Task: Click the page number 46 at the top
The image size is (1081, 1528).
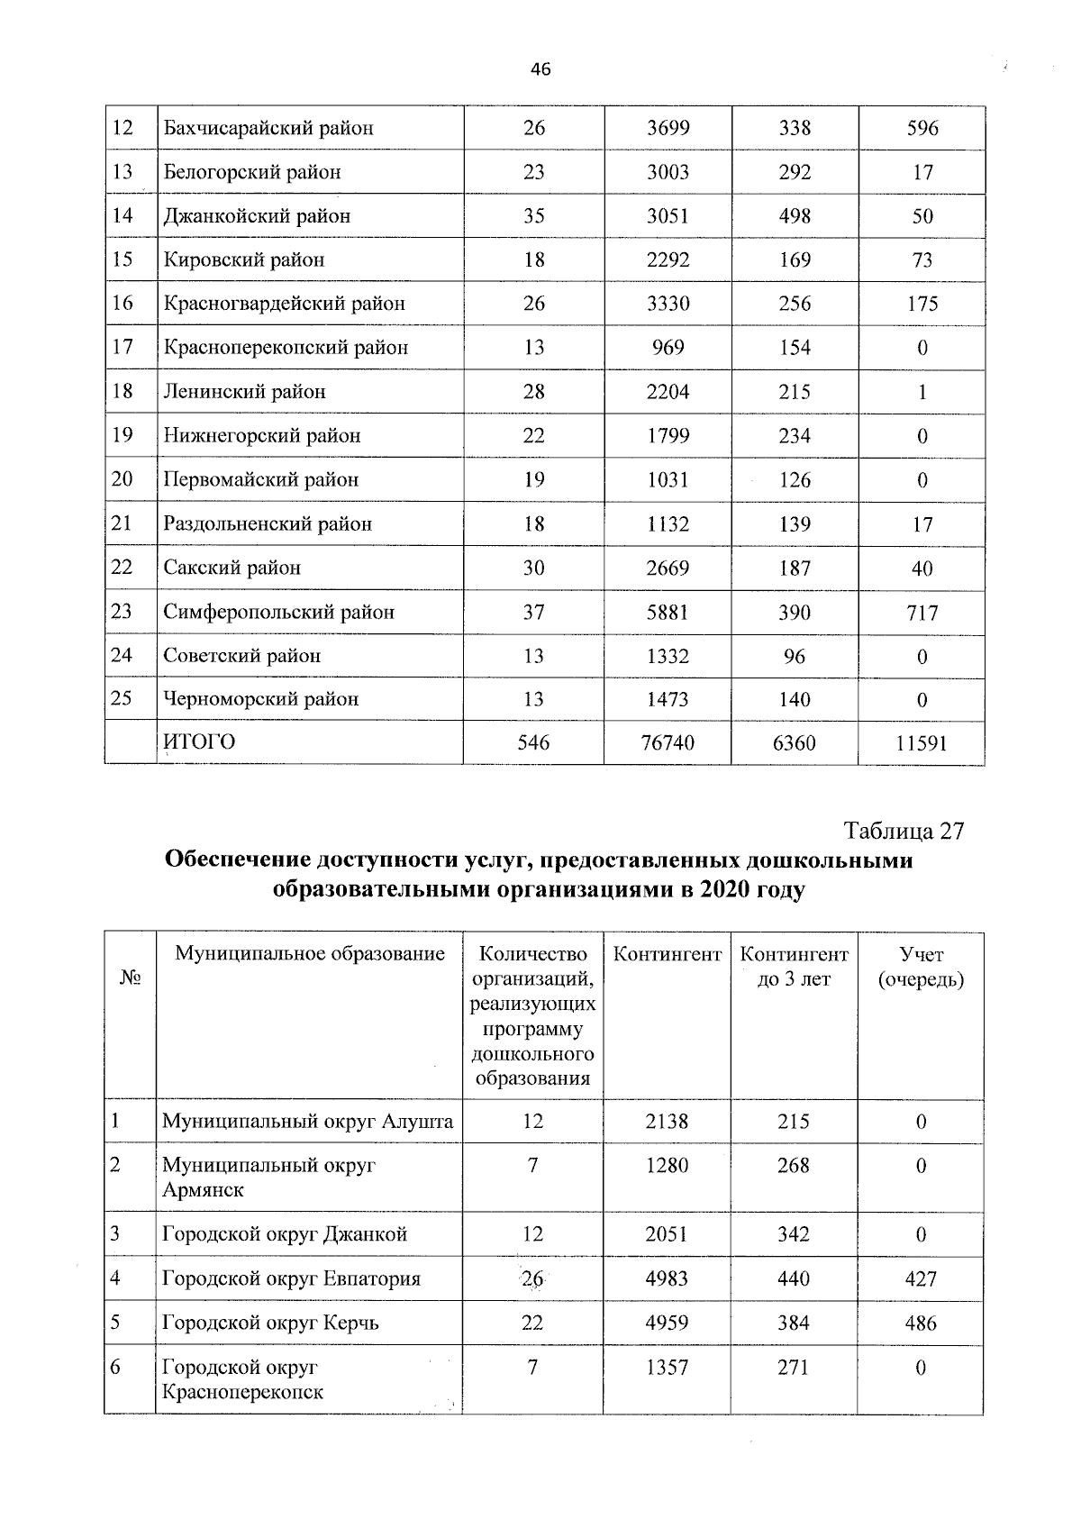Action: [540, 69]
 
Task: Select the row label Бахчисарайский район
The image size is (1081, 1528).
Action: [268, 128]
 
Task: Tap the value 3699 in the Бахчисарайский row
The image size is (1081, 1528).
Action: [668, 128]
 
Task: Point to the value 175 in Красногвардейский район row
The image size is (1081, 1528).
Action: [922, 305]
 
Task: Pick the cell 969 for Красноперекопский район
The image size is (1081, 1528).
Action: [668, 348]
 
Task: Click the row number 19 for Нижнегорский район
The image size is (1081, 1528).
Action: [123, 436]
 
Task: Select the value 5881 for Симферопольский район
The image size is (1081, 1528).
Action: [668, 613]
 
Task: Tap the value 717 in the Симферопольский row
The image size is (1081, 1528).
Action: [922, 614]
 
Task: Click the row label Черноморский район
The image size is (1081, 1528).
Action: [261, 699]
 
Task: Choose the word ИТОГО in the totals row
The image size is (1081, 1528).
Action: [199, 741]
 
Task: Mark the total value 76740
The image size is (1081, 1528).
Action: [668, 743]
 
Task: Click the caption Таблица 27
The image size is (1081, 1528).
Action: [903, 831]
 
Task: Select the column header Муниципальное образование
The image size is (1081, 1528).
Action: [310, 954]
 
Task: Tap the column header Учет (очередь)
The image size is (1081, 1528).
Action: [922, 967]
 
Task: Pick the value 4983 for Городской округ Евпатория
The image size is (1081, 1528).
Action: [668, 1279]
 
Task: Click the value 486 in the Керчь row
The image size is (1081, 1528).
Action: [921, 1323]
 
